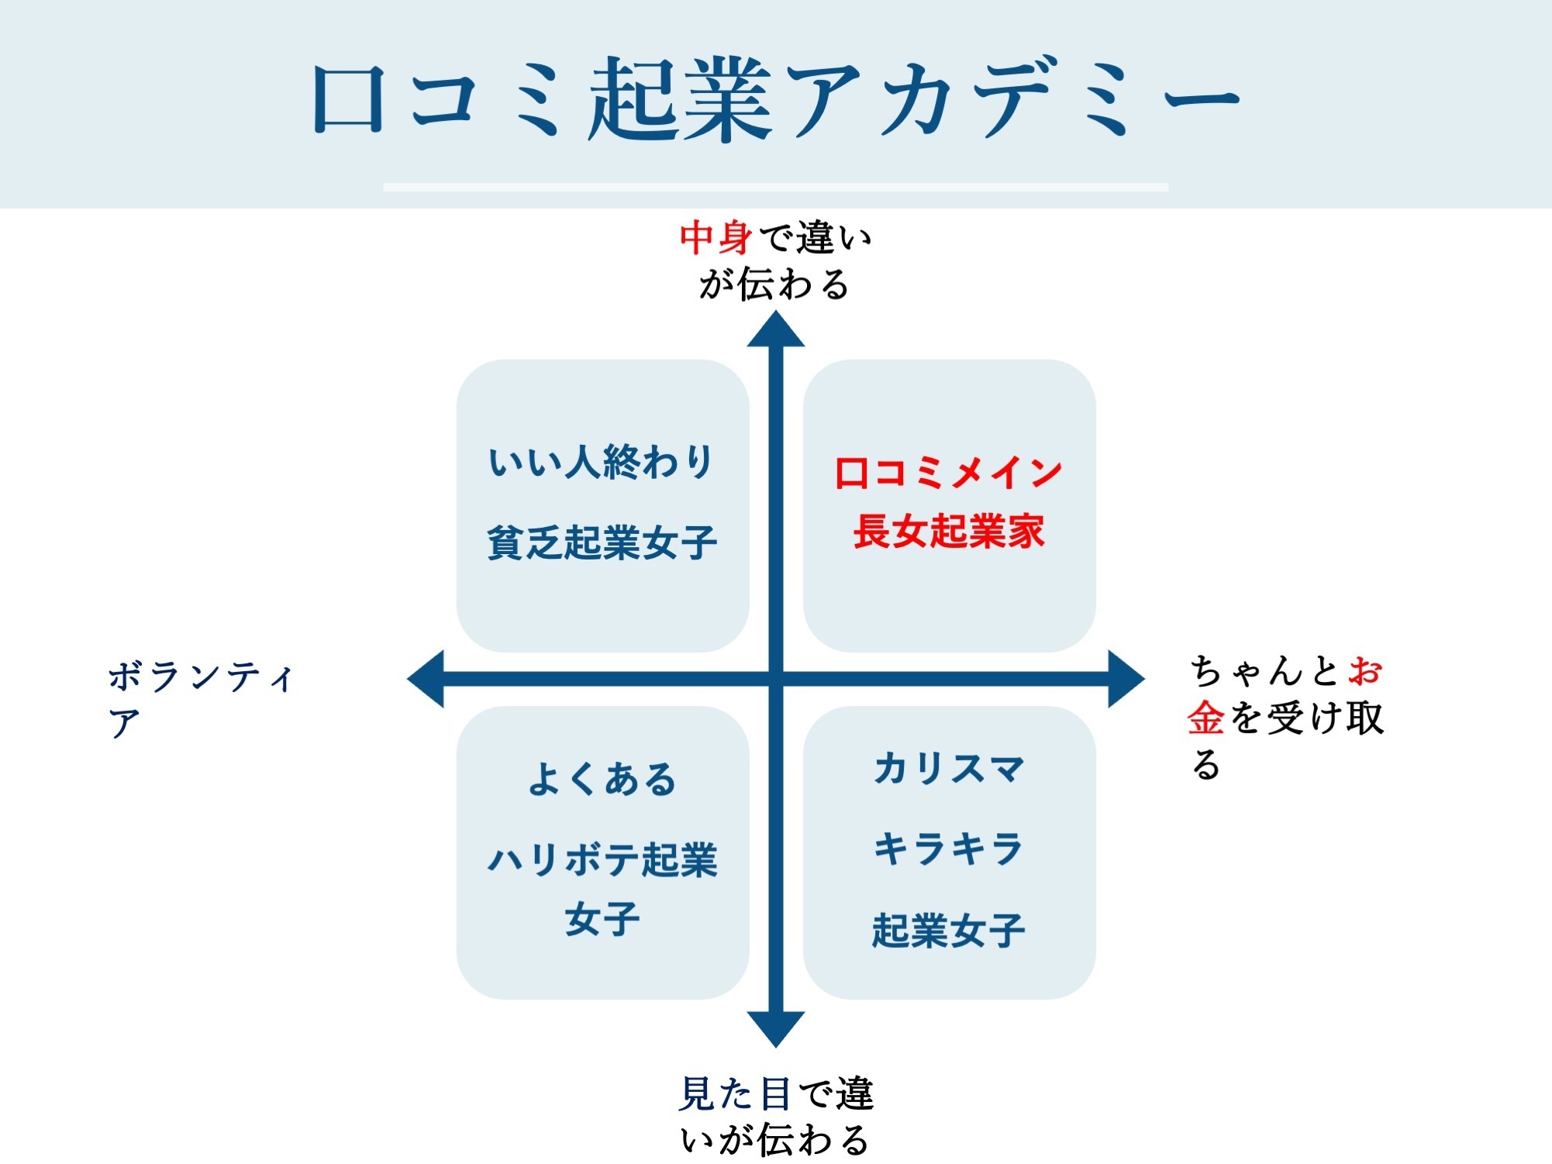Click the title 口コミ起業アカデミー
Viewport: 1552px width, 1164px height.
click(775, 98)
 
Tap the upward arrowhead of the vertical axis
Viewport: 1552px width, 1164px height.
click(776, 329)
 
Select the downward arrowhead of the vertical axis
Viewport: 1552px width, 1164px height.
click(776, 1030)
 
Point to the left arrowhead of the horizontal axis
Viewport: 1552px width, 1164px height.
click(426, 679)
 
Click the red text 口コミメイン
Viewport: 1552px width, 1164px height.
click(948, 472)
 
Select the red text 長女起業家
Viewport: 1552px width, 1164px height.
click(949, 532)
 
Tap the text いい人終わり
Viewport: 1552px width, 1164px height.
click(602, 462)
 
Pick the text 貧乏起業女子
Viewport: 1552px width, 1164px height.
click(602, 542)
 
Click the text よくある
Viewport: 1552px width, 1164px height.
click(602, 779)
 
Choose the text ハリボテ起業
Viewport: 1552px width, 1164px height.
click(602, 860)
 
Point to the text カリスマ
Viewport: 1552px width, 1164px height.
click(949, 769)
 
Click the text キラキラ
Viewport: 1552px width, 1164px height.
click(949, 849)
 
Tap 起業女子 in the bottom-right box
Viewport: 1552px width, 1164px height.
click(949, 930)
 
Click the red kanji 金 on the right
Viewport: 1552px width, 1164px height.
click(1206, 718)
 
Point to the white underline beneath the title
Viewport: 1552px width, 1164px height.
click(775, 187)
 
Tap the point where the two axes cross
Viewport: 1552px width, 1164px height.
click(776, 679)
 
